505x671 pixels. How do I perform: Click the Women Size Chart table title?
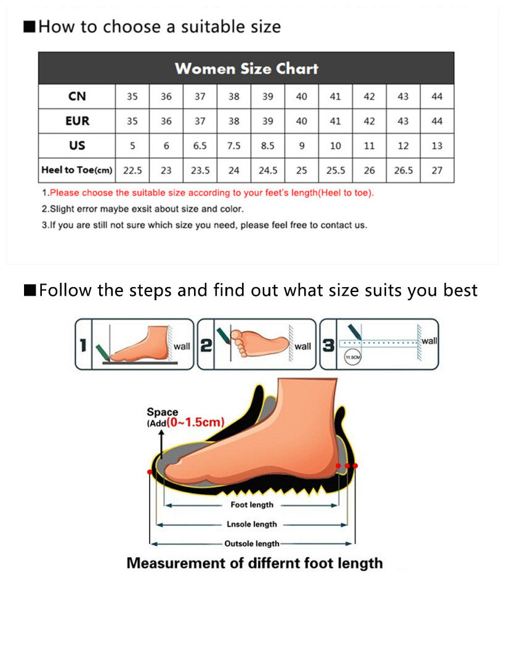(x=246, y=68)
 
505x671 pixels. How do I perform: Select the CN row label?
(x=77, y=97)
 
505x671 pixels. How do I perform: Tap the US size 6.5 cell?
(x=200, y=146)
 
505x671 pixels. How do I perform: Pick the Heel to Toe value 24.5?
(x=268, y=171)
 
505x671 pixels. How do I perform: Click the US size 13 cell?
(x=437, y=146)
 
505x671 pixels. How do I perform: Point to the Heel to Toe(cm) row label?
(x=77, y=170)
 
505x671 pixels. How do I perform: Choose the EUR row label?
(x=77, y=121)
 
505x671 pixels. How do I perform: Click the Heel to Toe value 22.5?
(x=132, y=171)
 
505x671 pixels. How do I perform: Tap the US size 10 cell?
(x=335, y=146)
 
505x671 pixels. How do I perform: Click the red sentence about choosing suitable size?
(x=211, y=193)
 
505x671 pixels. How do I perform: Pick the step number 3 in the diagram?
(x=328, y=346)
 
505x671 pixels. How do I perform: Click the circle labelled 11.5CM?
(x=352, y=357)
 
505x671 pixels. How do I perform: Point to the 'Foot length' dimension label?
(x=252, y=505)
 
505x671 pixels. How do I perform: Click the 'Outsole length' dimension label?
(x=251, y=544)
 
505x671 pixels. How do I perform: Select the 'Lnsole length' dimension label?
(x=252, y=524)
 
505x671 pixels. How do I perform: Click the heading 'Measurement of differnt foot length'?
(x=254, y=563)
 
